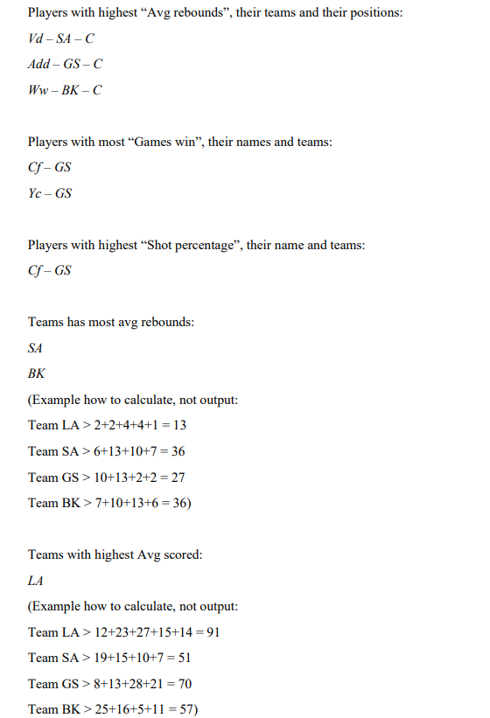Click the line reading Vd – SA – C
(x=61, y=39)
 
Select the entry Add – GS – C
(x=66, y=64)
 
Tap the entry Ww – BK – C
(x=65, y=90)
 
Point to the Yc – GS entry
(x=50, y=193)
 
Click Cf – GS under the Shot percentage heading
(x=50, y=271)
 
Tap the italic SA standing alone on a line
(x=36, y=348)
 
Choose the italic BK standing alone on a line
(x=37, y=373)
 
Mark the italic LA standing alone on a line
(x=36, y=581)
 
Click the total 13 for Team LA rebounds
(x=178, y=425)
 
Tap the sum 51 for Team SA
(x=183, y=658)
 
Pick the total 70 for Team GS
(x=184, y=684)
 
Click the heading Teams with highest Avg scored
(x=115, y=555)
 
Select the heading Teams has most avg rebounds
(x=111, y=323)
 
